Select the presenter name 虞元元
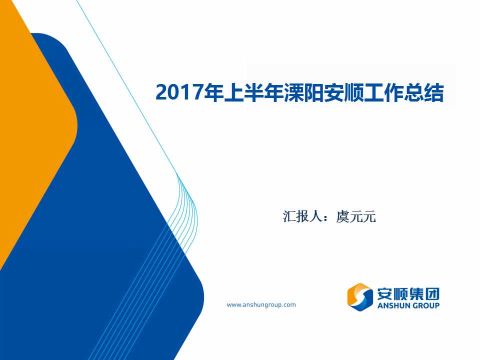pyautogui.click(x=355, y=216)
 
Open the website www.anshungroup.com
pyautogui.click(x=261, y=305)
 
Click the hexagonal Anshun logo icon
pyautogui.click(x=359, y=297)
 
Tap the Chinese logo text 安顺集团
pyautogui.click(x=408, y=294)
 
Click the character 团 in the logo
pyautogui.click(x=432, y=294)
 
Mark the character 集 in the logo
pyautogui.click(x=416, y=294)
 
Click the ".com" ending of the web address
pyautogui.click(x=289, y=305)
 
